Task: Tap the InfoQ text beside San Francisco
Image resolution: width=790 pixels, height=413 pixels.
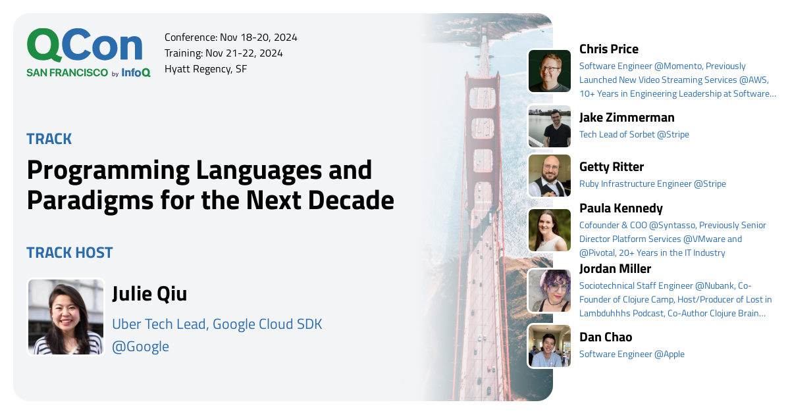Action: click(136, 73)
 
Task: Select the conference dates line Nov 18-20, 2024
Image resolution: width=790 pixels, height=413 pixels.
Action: click(230, 37)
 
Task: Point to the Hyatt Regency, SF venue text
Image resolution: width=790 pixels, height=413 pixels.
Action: click(205, 69)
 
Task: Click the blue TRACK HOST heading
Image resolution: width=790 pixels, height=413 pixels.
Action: click(70, 253)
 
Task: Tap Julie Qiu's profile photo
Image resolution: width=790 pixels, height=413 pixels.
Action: click(66, 317)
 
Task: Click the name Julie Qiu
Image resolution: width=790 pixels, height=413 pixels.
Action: click(149, 294)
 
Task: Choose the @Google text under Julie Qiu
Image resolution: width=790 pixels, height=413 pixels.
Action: click(140, 347)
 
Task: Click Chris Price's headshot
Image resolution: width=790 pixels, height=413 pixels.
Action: click(549, 71)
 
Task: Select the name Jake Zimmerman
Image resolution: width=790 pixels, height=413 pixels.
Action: click(626, 118)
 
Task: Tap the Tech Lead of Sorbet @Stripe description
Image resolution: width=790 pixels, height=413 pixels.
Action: click(634, 134)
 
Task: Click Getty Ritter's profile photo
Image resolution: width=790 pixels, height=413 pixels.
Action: click(549, 176)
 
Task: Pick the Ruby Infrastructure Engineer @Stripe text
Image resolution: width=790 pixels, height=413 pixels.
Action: click(652, 183)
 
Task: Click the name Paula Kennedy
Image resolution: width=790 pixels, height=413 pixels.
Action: click(621, 208)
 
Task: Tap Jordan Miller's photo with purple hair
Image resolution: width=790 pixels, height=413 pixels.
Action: click(549, 291)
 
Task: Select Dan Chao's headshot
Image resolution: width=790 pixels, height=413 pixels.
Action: click(549, 346)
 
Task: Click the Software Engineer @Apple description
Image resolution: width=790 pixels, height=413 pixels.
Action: click(631, 354)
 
